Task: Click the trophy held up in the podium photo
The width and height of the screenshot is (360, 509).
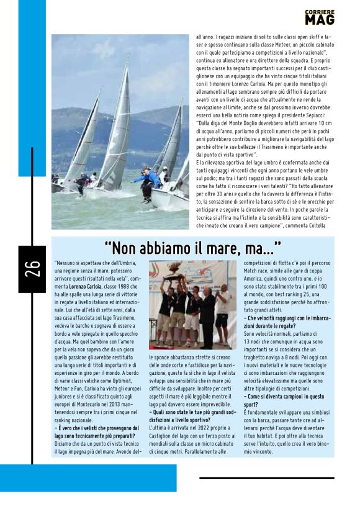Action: (x=174, y=272)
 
